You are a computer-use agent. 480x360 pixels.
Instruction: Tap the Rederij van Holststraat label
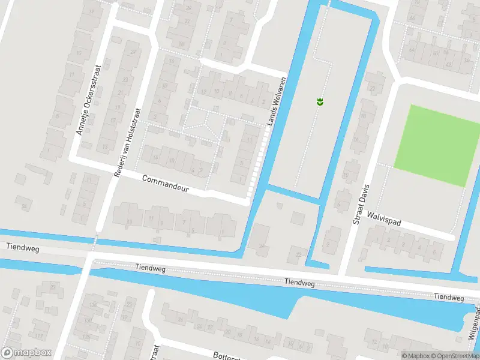[x=127, y=142]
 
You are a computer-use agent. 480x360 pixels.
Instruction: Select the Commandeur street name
[x=166, y=184]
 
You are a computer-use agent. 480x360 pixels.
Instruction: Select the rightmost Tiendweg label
[x=449, y=297]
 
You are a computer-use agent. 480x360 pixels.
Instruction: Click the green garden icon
[x=320, y=101]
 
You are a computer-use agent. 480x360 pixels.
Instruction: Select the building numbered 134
[x=92, y=305]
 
